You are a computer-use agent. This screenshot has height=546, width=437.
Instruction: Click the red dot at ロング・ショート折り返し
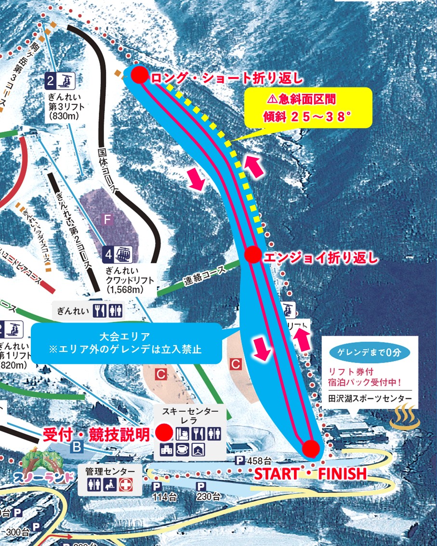[139, 75]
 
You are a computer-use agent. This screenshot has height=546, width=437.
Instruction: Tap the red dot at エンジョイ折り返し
[253, 255]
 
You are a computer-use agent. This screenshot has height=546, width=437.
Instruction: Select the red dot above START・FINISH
[311, 449]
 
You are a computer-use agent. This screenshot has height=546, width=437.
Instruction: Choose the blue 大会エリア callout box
[126, 343]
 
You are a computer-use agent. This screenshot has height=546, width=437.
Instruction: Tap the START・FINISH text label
[310, 474]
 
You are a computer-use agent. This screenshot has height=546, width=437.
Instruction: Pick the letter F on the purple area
[108, 220]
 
